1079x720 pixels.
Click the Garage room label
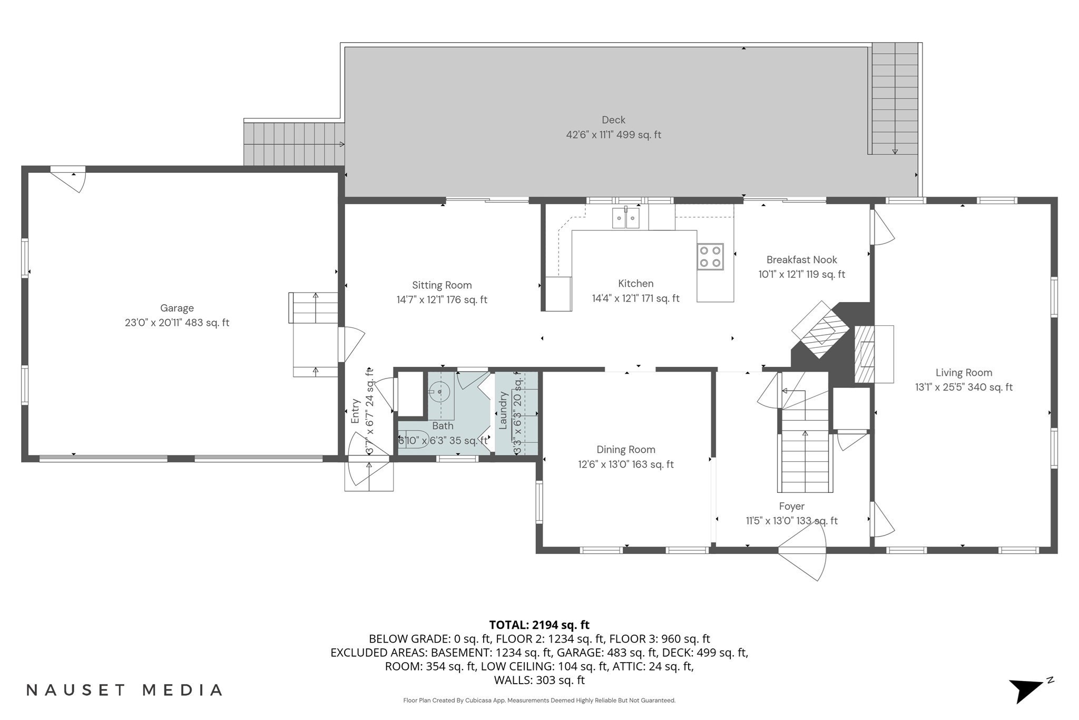pyautogui.click(x=177, y=308)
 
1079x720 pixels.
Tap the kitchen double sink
pyautogui.click(x=625, y=218)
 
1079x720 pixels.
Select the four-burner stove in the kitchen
pyautogui.click(x=710, y=257)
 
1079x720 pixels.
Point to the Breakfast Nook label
pyautogui.click(x=801, y=259)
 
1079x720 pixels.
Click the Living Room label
pyautogui.click(x=964, y=372)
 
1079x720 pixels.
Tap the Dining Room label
pyautogui.click(x=626, y=450)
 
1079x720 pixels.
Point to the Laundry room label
pyautogui.click(x=503, y=410)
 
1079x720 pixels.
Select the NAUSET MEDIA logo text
pyautogui.click(x=124, y=690)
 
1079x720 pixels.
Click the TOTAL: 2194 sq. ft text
pyautogui.click(x=539, y=625)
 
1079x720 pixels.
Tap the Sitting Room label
pyautogui.click(x=442, y=285)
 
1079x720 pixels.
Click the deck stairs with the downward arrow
pyautogui.click(x=895, y=100)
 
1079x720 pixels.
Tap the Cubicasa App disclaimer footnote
pyautogui.click(x=539, y=700)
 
